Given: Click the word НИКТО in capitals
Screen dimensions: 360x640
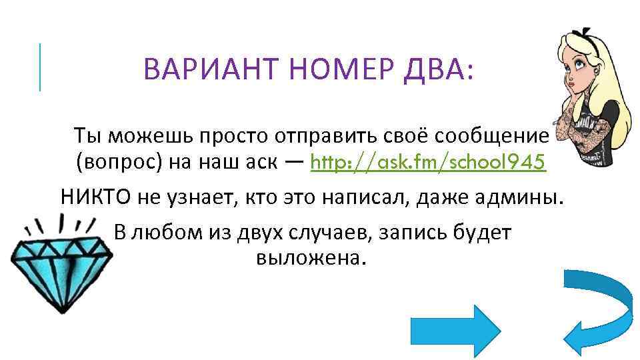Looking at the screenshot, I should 97,197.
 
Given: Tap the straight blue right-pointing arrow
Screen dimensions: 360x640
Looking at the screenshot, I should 471,329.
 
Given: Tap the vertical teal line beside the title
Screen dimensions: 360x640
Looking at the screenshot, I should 40,67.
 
